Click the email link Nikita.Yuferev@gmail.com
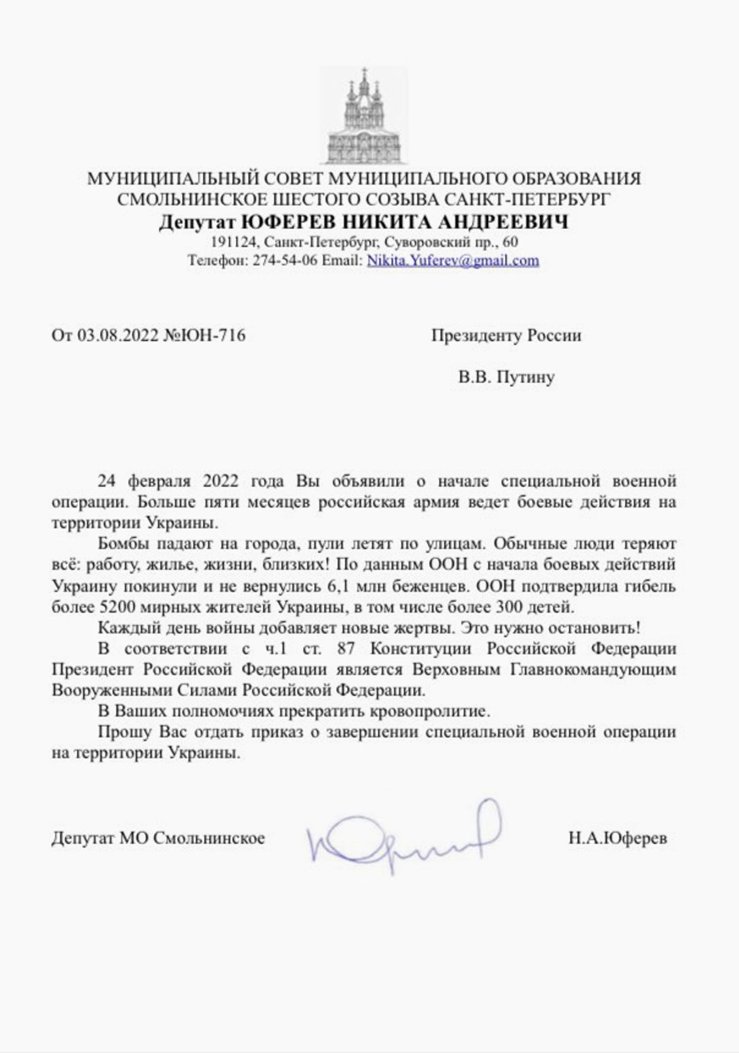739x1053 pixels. (453, 260)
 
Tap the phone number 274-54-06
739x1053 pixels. (285, 260)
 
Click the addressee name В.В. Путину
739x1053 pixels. (506, 377)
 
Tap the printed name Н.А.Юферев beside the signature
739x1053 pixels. (617, 838)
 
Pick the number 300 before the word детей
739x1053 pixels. (508, 607)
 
